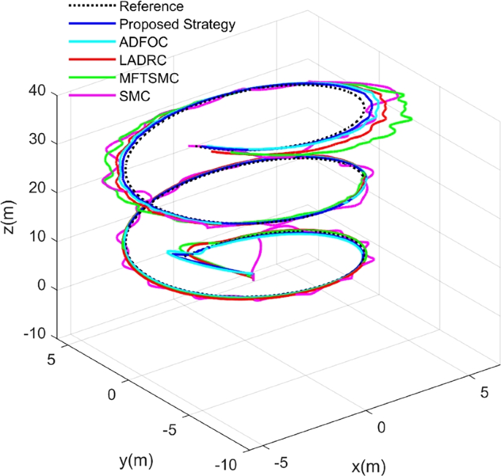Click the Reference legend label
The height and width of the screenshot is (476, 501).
[151, 7]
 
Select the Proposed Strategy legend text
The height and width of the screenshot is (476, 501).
[178, 25]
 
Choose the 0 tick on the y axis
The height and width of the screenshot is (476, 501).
[112, 395]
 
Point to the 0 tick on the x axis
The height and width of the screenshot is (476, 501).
[380, 426]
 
